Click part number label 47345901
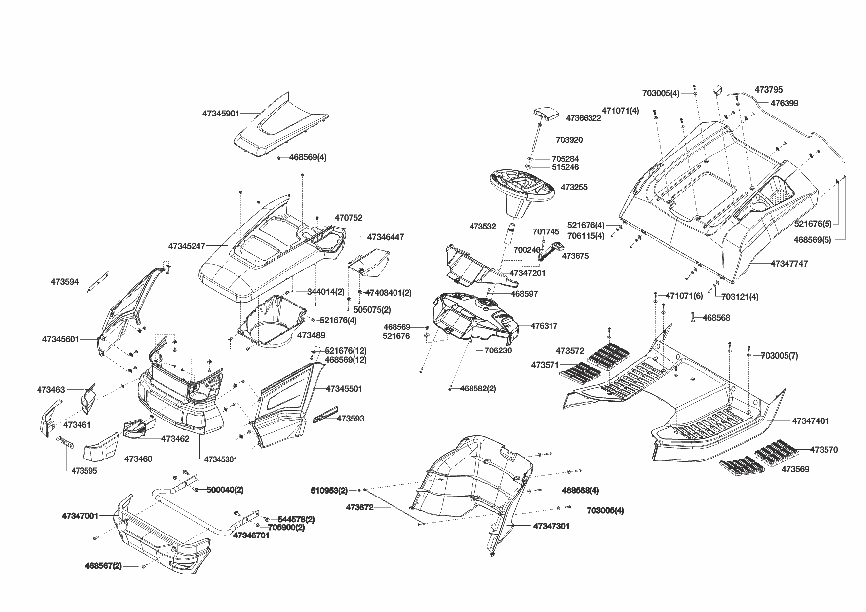pos(221,114)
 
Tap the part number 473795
pos(768,90)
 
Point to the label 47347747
pos(789,264)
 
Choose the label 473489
pos(311,335)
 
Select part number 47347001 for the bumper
pos(80,516)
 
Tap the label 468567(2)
pos(103,566)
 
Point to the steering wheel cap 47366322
pos(546,115)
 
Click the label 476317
pos(544,326)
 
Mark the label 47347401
pos(810,421)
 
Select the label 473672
pos(359,507)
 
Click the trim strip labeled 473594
pos(98,281)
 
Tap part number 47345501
pos(344,389)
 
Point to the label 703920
pos(569,140)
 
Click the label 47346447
pos(385,237)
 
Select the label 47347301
pos(551,526)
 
